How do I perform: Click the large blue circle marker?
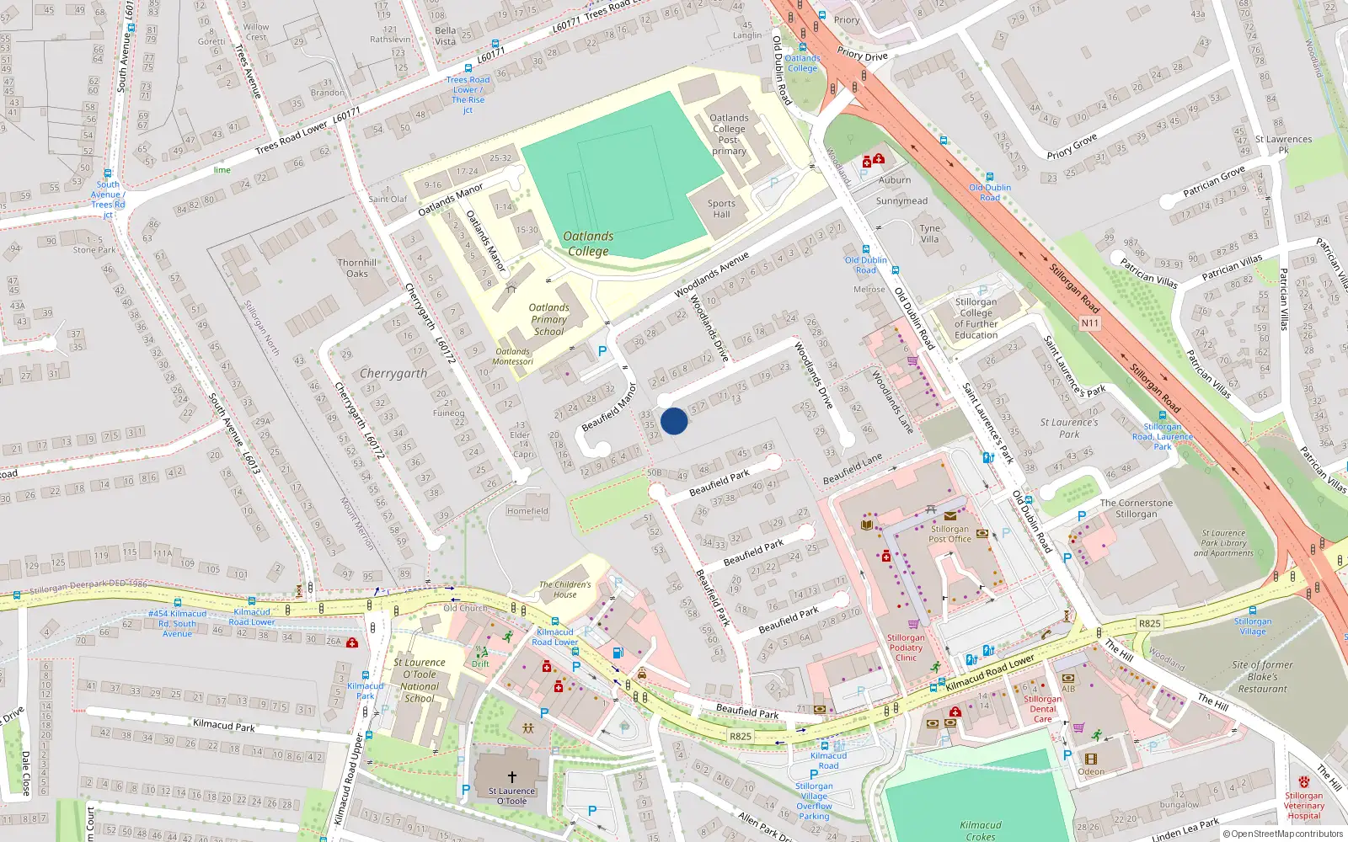[x=674, y=421]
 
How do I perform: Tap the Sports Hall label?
[x=721, y=209]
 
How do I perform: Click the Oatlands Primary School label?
[x=548, y=319]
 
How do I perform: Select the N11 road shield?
[x=1089, y=323]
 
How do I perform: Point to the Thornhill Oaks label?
[x=357, y=268]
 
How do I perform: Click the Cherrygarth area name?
[x=393, y=373]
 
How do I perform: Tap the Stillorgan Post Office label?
[x=949, y=534]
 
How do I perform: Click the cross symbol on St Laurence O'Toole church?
[x=511, y=777]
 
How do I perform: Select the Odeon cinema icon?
[x=1091, y=759]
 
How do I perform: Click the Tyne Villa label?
[x=929, y=233]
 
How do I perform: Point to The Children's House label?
[x=564, y=589]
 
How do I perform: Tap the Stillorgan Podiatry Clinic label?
[x=906, y=647]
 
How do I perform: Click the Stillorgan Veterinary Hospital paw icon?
[x=1304, y=781]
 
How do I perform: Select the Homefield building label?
[x=527, y=511]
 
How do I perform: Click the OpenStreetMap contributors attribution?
[x=1283, y=834]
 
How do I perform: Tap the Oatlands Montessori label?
[x=513, y=356]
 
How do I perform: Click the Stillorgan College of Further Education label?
[x=976, y=318]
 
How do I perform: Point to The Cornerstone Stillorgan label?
[x=1136, y=508]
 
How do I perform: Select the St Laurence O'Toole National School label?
[x=420, y=680]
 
